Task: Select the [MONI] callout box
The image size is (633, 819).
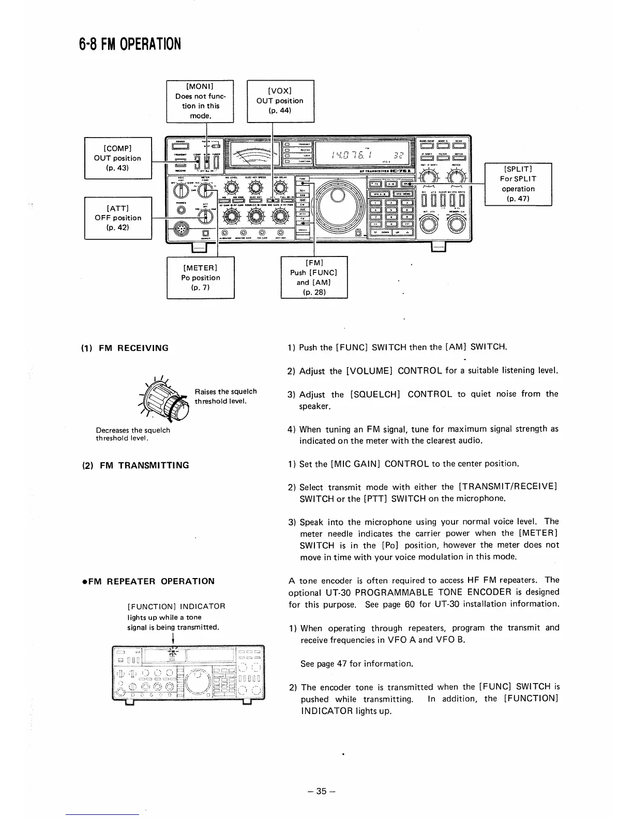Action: click(200, 101)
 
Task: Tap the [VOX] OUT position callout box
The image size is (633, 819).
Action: click(280, 101)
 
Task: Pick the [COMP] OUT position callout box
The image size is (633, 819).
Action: click(117, 158)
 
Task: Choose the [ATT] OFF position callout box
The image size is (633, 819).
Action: click(117, 218)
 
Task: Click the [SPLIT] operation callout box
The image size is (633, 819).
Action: click(518, 184)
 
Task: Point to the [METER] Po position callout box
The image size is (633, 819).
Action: click(200, 278)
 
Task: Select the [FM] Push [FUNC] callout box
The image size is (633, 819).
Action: click(313, 278)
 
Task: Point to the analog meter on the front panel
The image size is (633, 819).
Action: click(251, 154)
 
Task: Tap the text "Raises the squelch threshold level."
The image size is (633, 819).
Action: click(225, 397)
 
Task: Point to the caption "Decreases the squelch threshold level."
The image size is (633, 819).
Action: click(133, 434)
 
